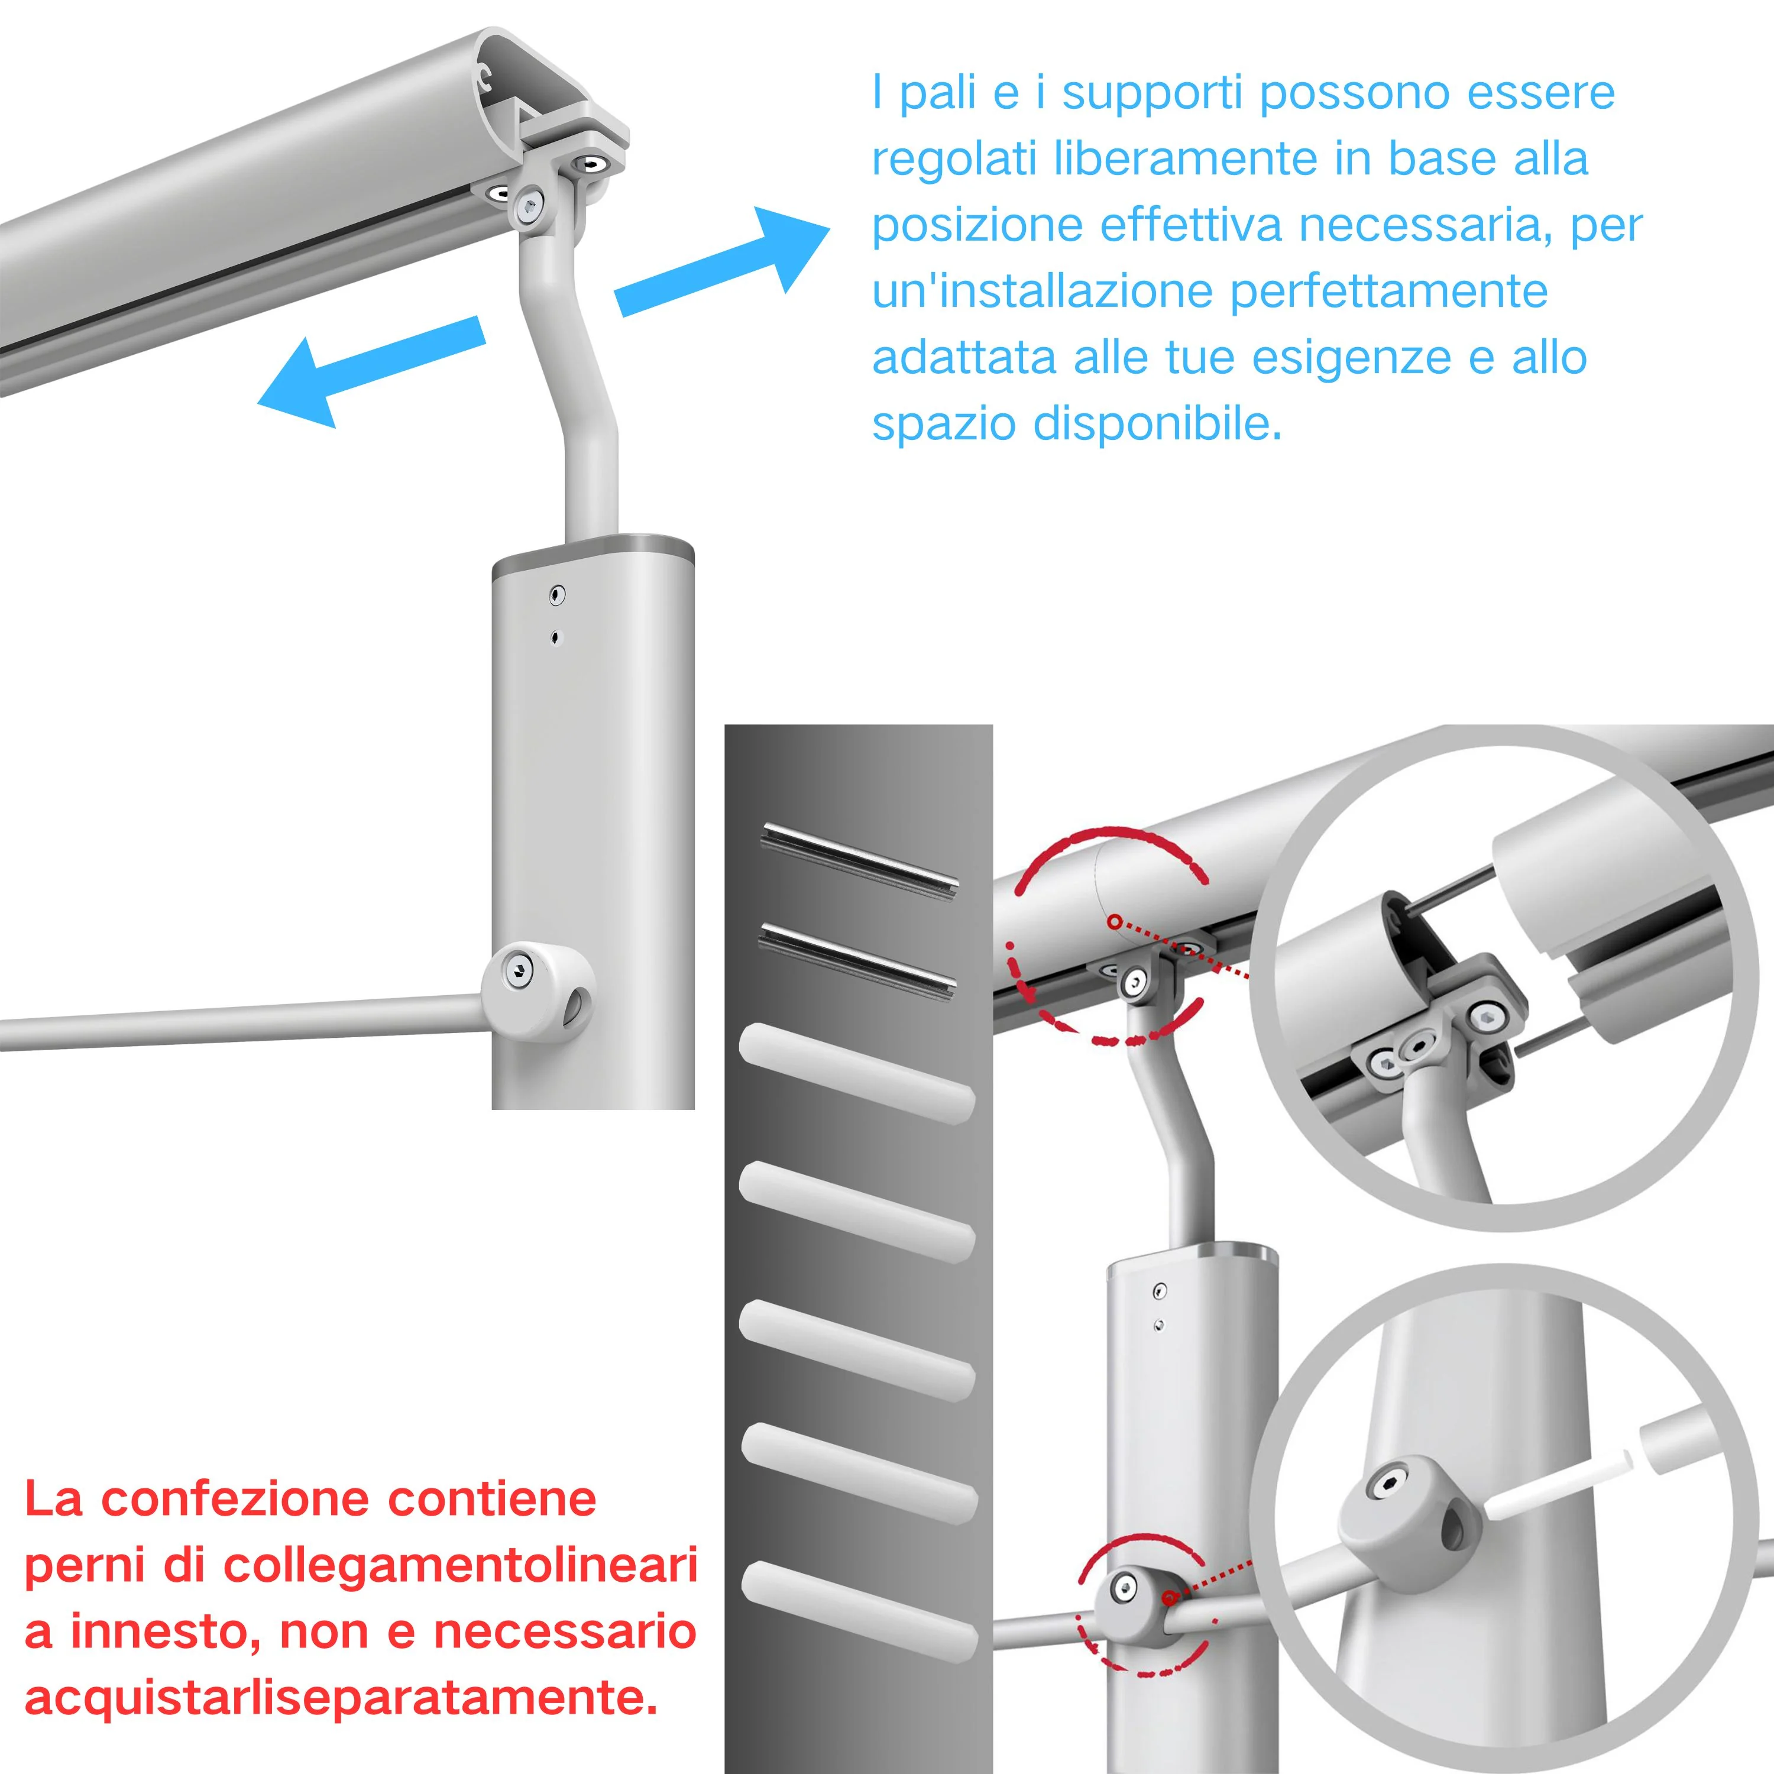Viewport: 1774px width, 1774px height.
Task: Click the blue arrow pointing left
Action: [x=371, y=371]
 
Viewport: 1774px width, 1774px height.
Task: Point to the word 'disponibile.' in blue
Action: [x=1158, y=423]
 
